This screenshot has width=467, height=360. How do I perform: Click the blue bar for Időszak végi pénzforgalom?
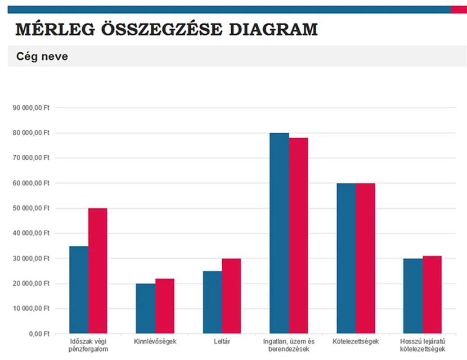[x=79, y=290]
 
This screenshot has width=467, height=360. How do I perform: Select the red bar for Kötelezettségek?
[x=365, y=258]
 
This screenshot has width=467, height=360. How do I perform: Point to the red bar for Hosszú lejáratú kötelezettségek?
[x=432, y=295]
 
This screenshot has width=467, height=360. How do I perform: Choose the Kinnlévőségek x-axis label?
[x=155, y=342]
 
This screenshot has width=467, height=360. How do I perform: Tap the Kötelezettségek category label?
[x=356, y=342]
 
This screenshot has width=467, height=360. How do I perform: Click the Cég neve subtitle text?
[x=42, y=57]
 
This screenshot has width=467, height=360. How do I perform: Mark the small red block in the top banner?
[x=458, y=9]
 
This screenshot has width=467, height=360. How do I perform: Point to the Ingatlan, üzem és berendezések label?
[x=289, y=345]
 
